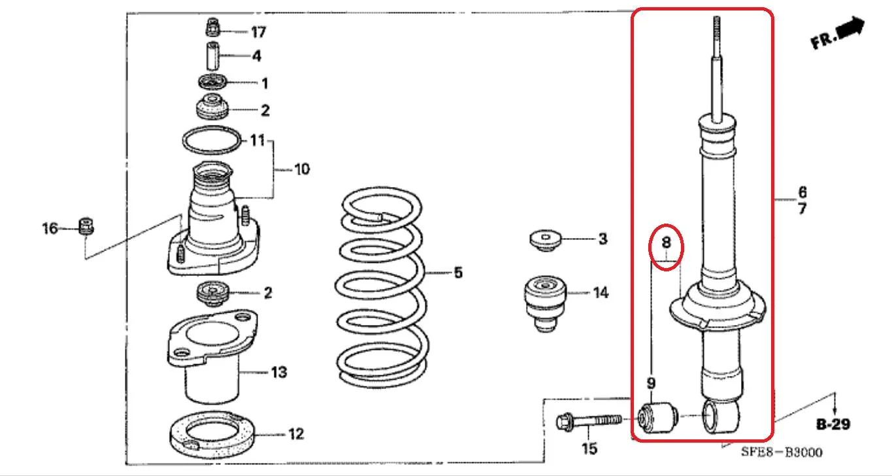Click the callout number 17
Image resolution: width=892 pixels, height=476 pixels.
pyautogui.click(x=258, y=32)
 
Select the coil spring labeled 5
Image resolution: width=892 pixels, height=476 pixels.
pyautogui.click(x=382, y=287)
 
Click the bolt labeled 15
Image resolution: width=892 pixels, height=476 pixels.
pyautogui.click(x=589, y=420)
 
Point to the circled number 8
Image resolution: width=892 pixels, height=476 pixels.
pyautogui.click(x=666, y=242)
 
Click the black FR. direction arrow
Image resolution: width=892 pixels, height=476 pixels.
pyautogui.click(x=850, y=28)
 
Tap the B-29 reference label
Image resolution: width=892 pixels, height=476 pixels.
pyautogui.click(x=833, y=424)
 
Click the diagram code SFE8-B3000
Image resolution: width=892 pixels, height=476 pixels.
pyautogui.click(x=782, y=452)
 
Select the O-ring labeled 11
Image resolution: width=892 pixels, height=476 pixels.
pyautogui.click(x=212, y=140)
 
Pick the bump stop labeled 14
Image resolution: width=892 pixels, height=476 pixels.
pyautogui.click(x=545, y=303)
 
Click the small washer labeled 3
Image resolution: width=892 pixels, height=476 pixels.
pyautogui.click(x=546, y=240)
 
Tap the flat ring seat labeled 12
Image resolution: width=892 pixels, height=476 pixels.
pyautogui.click(x=212, y=435)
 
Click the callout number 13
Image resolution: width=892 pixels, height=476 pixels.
pyautogui.click(x=279, y=373)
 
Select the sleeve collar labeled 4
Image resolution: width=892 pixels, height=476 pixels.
pyautogui.click(x=212, y=56)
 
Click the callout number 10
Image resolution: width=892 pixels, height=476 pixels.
pyautogui.click(x=302, y=169)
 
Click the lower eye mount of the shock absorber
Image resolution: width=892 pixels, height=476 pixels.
pyautogui.click(x=721, y=416)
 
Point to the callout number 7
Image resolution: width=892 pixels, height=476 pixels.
pyautogui.click(x=802, y=209)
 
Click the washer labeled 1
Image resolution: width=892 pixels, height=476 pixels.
pyautogui.click(x=213, y=82)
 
